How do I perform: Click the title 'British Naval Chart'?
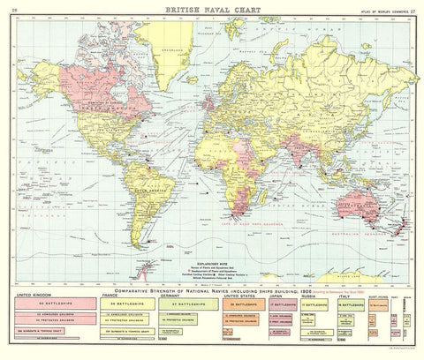click(211, 8)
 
